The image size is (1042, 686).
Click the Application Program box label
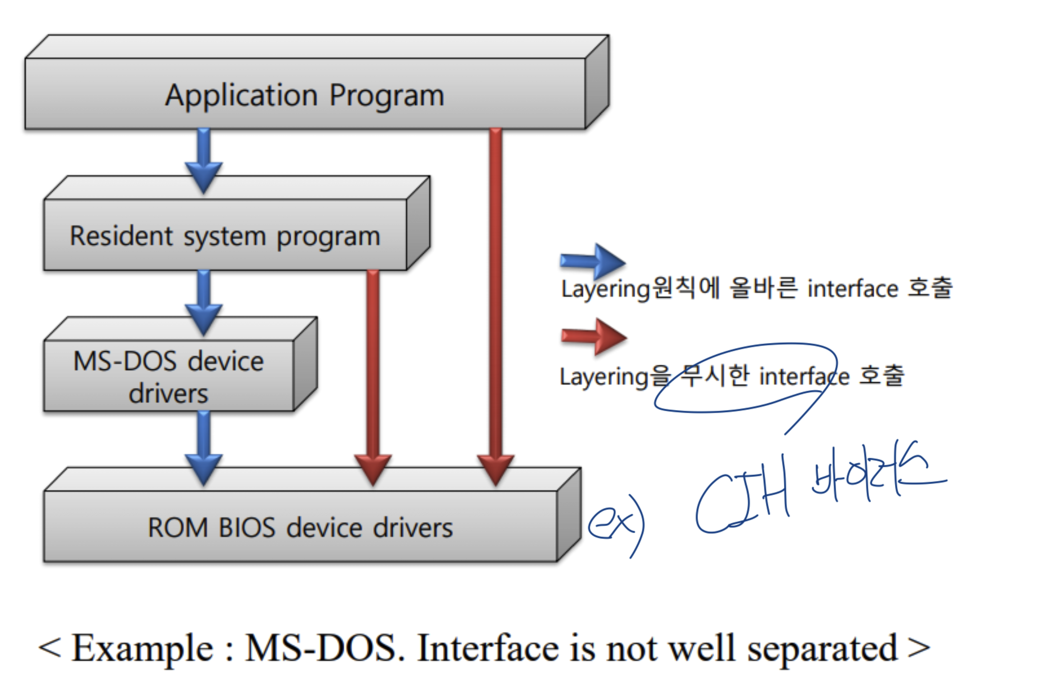tap(304, 95)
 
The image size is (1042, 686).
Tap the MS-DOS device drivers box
tap(168, 376)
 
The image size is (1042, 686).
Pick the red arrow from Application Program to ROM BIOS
tap(495, 306)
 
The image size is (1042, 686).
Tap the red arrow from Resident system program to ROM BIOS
tap(373, 372)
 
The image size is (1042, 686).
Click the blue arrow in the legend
tap(593, 262)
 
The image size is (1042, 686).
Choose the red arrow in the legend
tap(594, 336)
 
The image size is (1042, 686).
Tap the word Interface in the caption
tap(488, 648)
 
